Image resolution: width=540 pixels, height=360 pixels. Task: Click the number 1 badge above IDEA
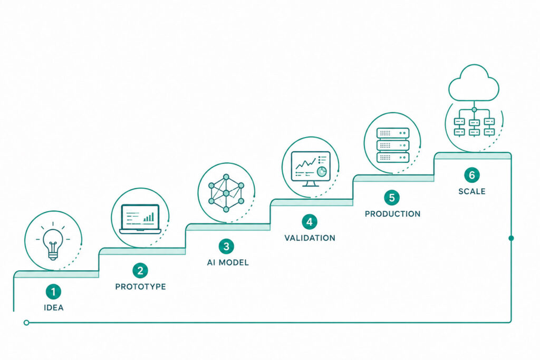53,292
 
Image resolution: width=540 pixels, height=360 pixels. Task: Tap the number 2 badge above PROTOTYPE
140,270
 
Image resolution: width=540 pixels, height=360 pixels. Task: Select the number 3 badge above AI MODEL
226,247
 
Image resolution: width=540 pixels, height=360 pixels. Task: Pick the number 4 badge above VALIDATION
310,222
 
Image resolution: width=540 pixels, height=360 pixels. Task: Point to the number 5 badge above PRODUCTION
392,198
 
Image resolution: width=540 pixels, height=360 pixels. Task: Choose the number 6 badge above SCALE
472,175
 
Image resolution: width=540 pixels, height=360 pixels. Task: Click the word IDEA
54,308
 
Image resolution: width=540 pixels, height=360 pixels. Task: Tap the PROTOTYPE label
140,287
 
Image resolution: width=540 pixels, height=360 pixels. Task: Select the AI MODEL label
228,262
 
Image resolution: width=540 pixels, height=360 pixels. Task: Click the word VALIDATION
310,238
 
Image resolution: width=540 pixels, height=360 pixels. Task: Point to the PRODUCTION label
392,214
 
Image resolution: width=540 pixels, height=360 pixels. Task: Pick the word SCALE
472,191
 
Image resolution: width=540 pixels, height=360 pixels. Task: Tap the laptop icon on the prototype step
140,219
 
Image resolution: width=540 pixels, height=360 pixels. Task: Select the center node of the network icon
226,193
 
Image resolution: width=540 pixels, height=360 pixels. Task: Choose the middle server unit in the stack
393,145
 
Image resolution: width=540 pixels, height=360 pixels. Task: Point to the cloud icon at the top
474,83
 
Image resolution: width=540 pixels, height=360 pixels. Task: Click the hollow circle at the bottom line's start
26,323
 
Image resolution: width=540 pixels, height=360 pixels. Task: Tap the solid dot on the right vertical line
511,238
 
